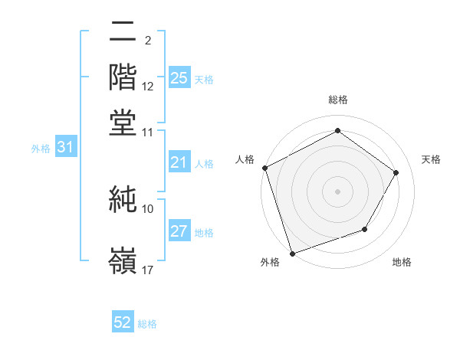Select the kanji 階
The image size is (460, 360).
click(123, 78)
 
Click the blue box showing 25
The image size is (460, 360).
click(179, 77)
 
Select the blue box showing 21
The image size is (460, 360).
click(179, 162)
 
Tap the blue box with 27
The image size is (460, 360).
click(179, 231)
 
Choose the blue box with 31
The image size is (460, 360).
click(65, 148)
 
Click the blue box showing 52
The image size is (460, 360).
click(123, 322)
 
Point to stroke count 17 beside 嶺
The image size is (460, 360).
click(148, 270)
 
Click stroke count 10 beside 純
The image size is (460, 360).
click(148, 208)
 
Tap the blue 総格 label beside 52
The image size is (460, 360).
click(147, 324)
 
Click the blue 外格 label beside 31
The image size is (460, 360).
click(40, 149)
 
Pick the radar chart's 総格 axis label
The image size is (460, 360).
click(337, 100)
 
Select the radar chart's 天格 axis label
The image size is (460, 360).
click(431, 159)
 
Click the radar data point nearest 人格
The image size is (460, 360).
click(264, 168)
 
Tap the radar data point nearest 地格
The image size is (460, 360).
click(365, 229)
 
